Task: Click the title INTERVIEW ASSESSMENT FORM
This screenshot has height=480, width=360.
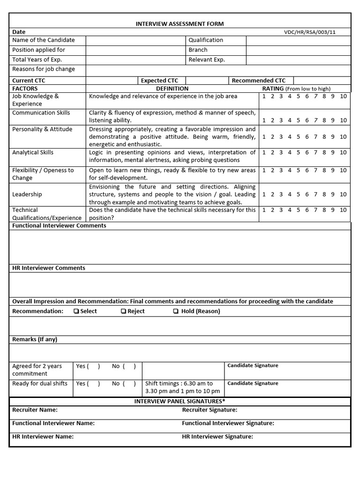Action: click(x=180, y=24)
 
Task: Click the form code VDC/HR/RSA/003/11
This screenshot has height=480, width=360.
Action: click(x=309, y=32)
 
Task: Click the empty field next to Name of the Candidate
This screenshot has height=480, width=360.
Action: click(x=135, y=40)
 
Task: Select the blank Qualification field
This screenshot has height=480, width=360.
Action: click(x=298, y=40)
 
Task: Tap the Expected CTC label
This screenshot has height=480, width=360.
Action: click(x=163, y=81)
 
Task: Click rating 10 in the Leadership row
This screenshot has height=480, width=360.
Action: click(x=343, y=194)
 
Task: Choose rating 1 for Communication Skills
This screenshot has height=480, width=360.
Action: click(x=264, y=120)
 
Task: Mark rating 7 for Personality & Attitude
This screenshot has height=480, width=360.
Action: click(x=315, y=137)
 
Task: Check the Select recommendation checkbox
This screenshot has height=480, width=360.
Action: click(x=76, y=311)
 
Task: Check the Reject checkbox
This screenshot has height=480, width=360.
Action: click(x=124, y=311)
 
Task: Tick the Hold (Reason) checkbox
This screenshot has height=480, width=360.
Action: click(x=175, y=311)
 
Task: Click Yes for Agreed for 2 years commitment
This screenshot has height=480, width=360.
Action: click(x=82, y=366)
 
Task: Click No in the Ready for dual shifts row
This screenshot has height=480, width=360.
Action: click(x=116, y=383)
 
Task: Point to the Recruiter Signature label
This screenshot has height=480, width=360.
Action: click(x=210, y=410)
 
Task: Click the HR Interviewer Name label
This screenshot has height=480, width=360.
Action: click(x=43, y=436)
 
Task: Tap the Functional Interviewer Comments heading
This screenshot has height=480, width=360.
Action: click(x=59, y=225)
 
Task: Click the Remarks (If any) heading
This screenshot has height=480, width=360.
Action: click(x=35, y=339)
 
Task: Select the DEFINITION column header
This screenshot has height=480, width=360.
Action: click(x=172, y=89)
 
